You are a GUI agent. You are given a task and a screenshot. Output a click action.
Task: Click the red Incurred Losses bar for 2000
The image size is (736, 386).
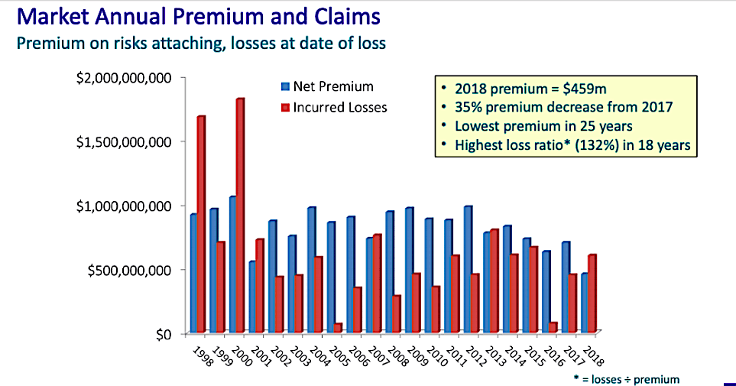[240, 216]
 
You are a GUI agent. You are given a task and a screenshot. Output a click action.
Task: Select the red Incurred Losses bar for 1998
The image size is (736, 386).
[201, 225]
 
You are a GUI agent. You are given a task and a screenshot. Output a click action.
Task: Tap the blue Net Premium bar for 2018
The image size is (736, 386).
[585, 303]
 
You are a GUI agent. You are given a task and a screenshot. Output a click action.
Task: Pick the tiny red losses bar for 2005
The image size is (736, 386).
[338, 328]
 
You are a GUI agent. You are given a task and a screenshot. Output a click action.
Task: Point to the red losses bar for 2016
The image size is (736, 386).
[553, 327]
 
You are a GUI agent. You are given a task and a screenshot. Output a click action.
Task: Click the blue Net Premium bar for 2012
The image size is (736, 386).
[468, 270]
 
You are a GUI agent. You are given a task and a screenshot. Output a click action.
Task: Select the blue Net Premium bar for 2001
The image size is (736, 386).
[252, 297]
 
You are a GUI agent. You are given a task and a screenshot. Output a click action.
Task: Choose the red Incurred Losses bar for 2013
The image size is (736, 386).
[494, 281]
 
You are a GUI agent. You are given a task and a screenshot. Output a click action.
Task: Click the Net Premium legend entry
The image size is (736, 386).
[327, 86]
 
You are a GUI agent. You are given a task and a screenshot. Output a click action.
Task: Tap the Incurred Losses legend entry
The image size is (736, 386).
[334, 108]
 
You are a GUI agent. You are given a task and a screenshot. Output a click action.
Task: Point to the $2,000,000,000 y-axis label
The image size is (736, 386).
[124, 78]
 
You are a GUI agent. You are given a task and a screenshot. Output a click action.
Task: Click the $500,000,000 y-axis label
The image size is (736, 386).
[129, 271]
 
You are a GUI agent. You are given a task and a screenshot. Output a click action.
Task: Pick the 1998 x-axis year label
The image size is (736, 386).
[200, 356]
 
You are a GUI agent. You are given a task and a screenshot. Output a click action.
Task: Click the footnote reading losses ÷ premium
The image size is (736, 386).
[631, 379]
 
